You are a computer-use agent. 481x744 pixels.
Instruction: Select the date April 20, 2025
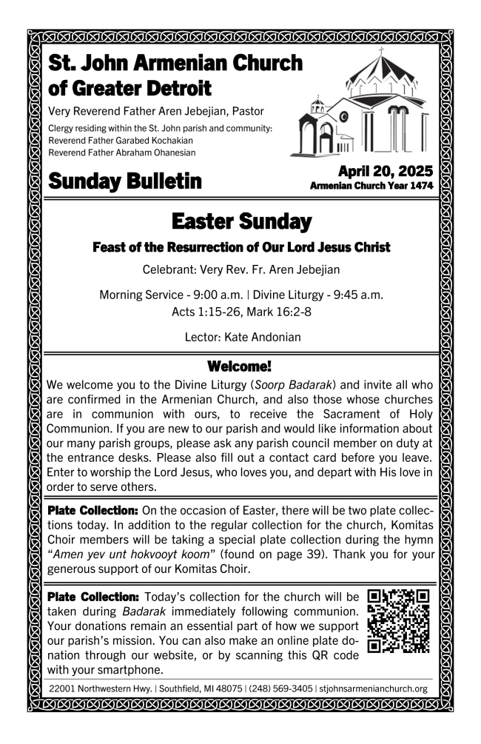(385, 172)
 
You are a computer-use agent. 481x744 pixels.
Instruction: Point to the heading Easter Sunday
(241, 221)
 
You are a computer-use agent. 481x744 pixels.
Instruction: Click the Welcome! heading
(240, 366)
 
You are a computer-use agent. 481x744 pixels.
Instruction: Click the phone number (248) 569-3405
(280, 688)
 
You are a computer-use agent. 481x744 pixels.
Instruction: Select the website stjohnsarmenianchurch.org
(374, 688)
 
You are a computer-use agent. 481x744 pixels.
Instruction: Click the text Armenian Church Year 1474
(371, 186)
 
